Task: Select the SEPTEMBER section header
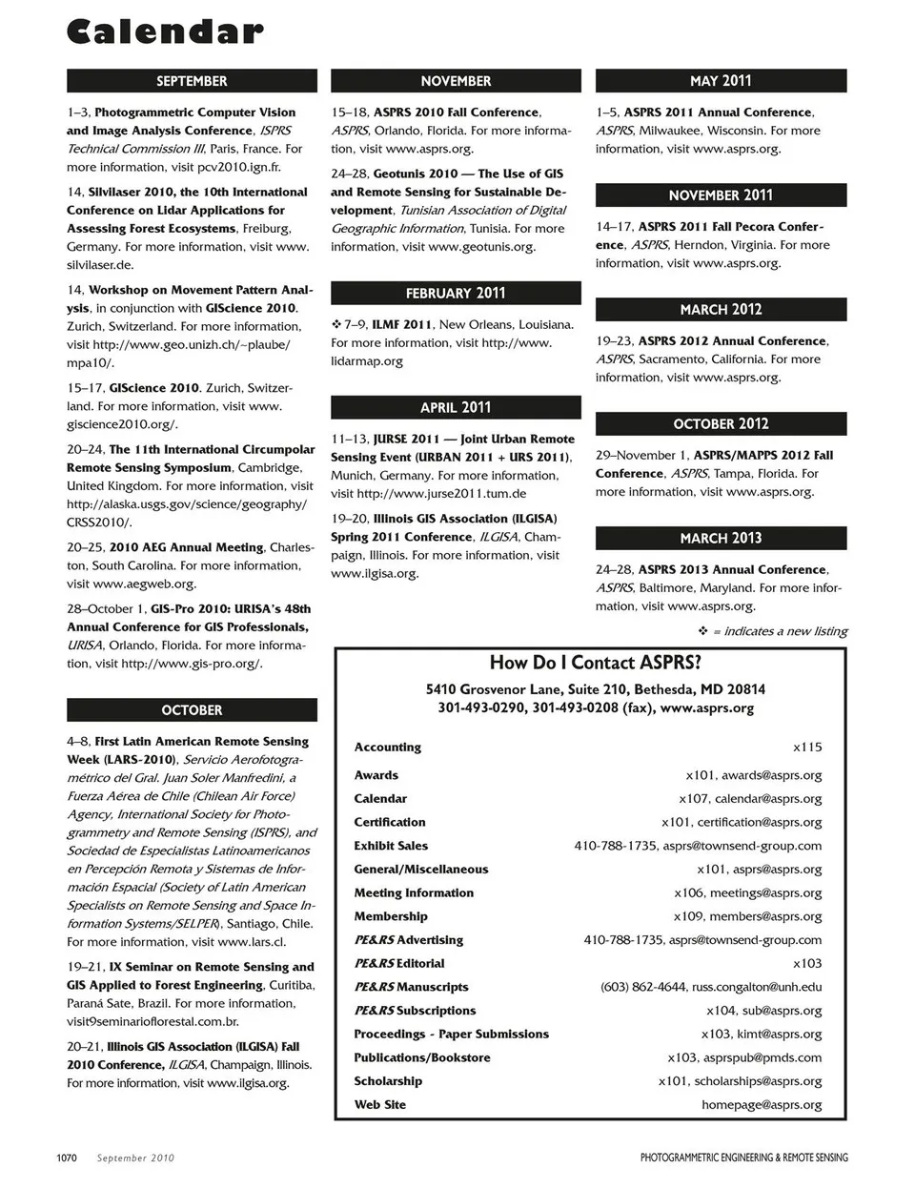(192, 81)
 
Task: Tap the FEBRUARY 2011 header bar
(456, 293)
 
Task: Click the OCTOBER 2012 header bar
(721, 423)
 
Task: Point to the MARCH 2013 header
(721, 538)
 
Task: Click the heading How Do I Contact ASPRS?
(595, 663)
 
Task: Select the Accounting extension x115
(807, 748)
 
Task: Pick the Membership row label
(391, 916)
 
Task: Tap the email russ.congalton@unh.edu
(757, 987)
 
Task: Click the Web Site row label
(380, 1104)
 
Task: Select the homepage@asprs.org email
(762, 1104)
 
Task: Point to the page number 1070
(67, 1158)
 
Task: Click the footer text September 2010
(135, 1158)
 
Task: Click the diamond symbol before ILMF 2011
(335, 324)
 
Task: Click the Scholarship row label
(388, 1081)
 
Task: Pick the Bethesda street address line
(595, 689)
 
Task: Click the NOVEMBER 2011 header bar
(721, 195)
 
